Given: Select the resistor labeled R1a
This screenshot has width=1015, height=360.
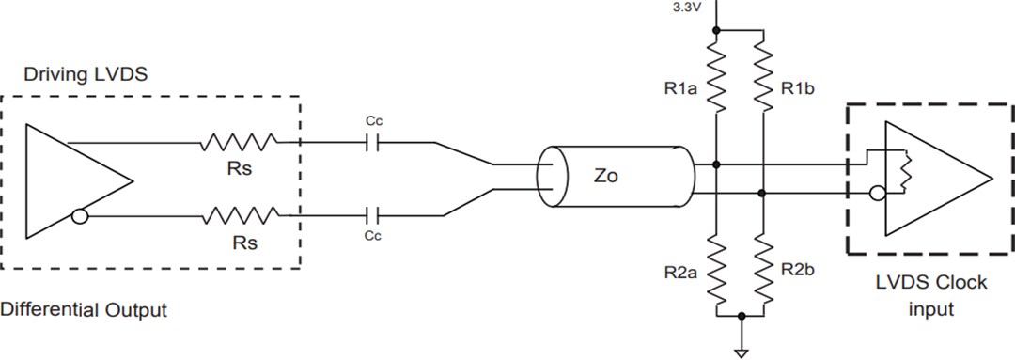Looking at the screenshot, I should click(716, 82).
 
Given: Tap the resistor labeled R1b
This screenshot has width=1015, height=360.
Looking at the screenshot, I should click(761, 82).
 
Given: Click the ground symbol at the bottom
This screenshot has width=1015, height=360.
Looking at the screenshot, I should click(742, 352).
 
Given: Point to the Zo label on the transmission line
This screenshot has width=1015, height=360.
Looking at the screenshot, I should click(606, 176).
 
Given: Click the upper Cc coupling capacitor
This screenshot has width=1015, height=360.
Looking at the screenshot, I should click(372, 143).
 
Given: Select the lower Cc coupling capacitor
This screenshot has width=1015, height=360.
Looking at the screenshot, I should click(372, 215).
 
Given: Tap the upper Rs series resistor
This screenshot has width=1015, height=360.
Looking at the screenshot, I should click(238, 143).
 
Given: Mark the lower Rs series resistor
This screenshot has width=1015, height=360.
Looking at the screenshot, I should click(238, 215).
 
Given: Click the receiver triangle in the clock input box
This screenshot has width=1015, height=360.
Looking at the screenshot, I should click(940, 179).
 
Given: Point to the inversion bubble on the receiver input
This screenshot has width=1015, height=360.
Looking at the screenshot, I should click(876, 195).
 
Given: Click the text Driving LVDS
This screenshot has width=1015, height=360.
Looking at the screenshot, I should click(86, 74).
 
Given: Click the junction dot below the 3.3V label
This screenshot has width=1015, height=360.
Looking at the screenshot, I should click(716, 31).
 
